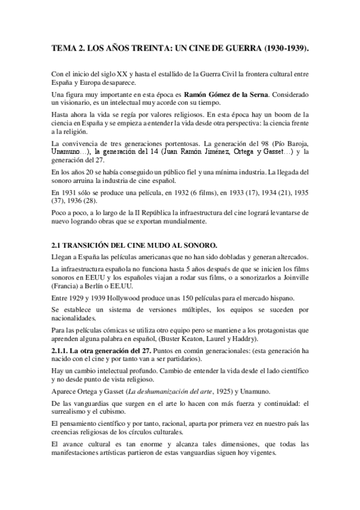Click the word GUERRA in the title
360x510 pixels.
click(x=233, y=48)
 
